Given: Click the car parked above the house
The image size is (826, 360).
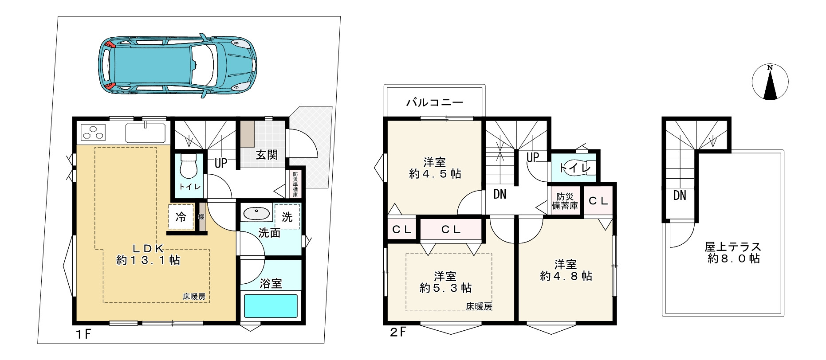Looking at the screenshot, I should [x=178, y=65].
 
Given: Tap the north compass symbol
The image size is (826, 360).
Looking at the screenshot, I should [x=770, y=82].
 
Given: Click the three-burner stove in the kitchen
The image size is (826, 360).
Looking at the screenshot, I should [x=94, y=133].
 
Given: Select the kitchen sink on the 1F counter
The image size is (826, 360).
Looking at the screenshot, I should [x=145, y=132].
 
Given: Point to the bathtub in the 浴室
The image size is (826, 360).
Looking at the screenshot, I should [x=271, y=306].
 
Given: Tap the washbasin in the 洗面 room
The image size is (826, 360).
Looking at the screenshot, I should [x=256, y=215].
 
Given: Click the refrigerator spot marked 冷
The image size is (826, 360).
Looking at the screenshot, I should [x=181, y=217].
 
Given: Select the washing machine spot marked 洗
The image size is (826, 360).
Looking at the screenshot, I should [x=287, y=217].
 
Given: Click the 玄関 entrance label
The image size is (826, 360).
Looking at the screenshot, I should [x=267, y=155].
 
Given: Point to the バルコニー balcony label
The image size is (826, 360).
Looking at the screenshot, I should [x=434, y=103].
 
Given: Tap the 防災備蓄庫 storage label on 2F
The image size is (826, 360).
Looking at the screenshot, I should [x=565, y=201].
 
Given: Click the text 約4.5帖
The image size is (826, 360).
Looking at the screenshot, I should [x=435, y=174].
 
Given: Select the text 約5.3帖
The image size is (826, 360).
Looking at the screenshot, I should [x=445, y=288].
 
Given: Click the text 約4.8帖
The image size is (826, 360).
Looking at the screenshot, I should [x=566, y=276].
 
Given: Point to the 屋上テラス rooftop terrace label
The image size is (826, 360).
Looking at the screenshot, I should [x=733, y=247].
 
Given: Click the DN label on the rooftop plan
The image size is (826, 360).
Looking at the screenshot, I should [x=680, y=195].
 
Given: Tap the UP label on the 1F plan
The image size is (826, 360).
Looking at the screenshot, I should [x=221, y=163].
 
